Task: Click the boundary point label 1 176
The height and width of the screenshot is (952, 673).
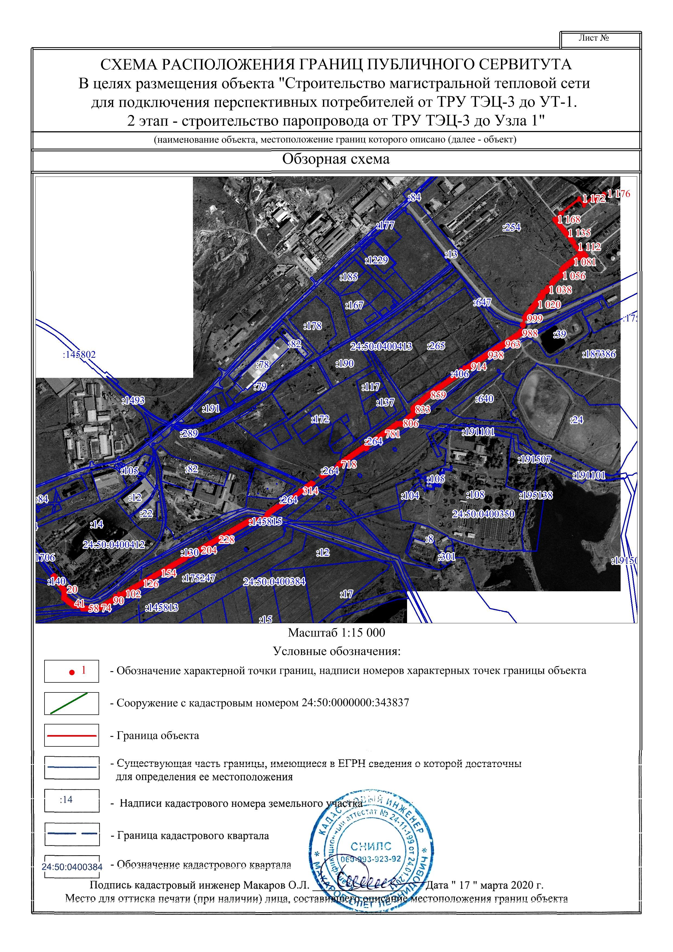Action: pos(618,194)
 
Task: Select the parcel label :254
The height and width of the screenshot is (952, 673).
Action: pos(511,227)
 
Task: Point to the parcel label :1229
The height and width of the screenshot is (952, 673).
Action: pos(376,260)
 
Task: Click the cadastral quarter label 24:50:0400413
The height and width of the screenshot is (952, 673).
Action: pos(381,346)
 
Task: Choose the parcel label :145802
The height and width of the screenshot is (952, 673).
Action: pos(79,354)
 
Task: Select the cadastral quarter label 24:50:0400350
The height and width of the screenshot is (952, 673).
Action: pos(483,514)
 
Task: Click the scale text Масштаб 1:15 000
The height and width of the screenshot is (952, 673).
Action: pos(336,633)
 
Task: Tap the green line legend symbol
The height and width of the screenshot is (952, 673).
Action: pos(71,703)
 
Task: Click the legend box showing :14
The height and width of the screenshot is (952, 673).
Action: pos(71,800)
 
